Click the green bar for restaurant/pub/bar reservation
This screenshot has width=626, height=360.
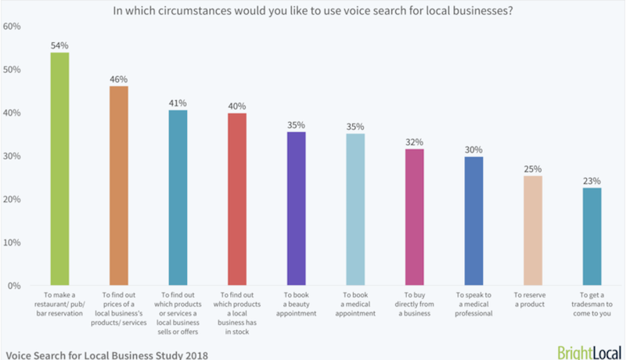pyautogui.click(x=59, y=169)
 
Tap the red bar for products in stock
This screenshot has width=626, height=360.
pyautogui.click(x=236, y=200)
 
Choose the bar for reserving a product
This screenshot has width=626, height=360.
pyautogui.click(x=532, y=231)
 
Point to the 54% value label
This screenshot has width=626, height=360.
pyautogui.click(x=59, y=45)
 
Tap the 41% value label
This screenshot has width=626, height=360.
pyautogui.click(x=178, y=103)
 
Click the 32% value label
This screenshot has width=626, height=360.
pyautogui.click(x=414, y=142)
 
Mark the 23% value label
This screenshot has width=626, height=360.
pyautogui.click(x=592, y=180)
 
